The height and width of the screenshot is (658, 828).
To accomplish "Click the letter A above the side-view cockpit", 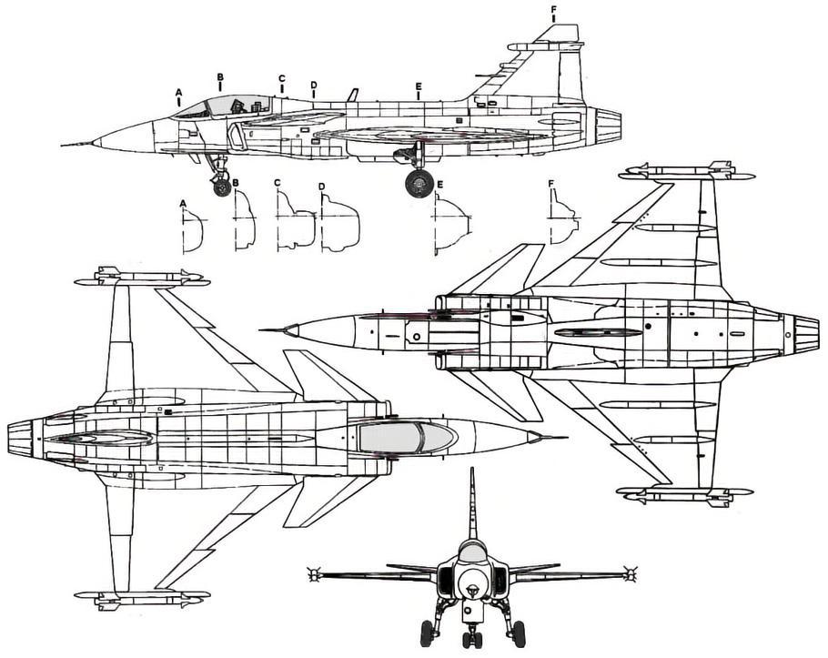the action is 179,92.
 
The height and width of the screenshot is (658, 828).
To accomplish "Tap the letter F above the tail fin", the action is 553,10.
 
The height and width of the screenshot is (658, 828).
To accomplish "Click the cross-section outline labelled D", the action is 340,226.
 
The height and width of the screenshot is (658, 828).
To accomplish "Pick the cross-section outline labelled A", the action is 191,230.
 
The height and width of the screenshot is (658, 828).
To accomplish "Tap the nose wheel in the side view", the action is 222,187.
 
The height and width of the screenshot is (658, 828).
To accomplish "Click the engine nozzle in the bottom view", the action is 802,333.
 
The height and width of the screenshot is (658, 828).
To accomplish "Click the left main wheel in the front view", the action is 427,633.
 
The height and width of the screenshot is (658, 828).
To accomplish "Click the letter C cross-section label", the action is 277,183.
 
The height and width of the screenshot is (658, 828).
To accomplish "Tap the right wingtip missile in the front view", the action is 627,574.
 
